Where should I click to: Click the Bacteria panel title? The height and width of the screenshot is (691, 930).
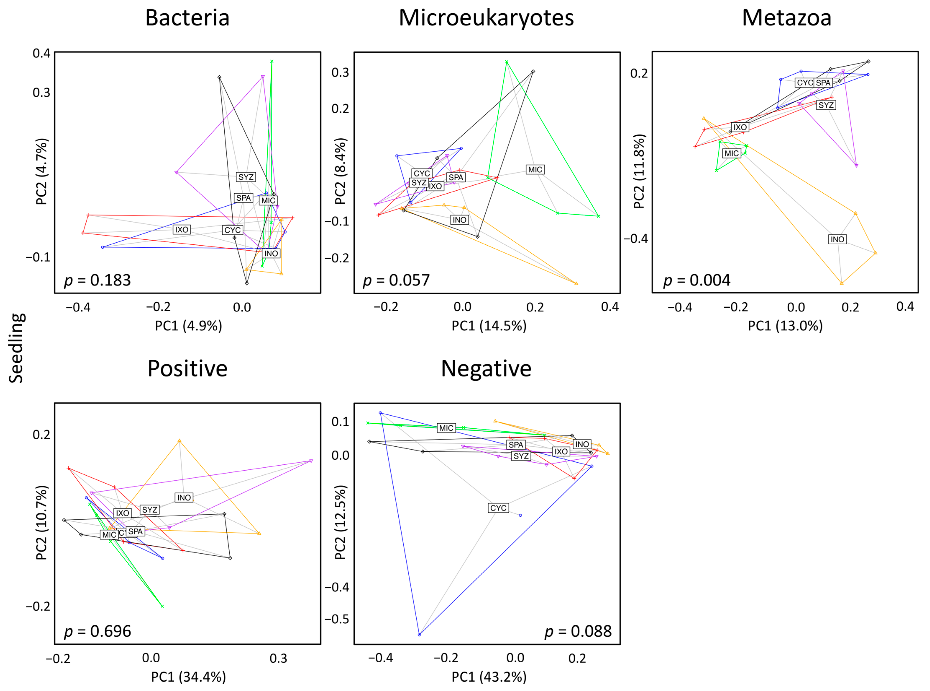click(187, 18)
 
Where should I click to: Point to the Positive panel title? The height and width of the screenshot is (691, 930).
click(187, 368)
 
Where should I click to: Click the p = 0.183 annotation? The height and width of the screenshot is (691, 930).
click(97, 280)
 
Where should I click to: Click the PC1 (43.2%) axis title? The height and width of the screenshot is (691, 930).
click(489, 676)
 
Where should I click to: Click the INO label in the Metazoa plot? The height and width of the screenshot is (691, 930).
click(837, 239)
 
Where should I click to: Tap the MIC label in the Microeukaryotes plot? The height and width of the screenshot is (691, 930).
click(535, 169)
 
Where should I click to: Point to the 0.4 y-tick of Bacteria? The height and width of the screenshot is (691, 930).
click(41, 53)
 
